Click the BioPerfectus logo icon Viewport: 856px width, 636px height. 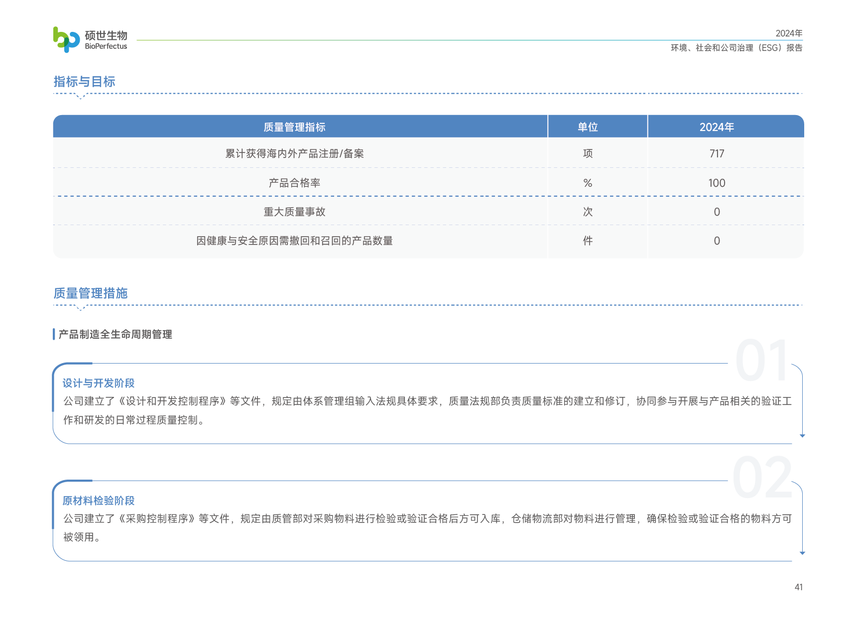tap(66, 39)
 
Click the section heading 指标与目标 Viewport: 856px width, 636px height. tap(84, 82)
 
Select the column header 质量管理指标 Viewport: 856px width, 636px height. tap(294, 127)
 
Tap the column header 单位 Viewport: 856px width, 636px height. tap(588, 127)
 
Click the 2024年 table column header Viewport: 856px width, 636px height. tap(717, 127)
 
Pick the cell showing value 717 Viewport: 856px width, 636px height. tap(717, 153)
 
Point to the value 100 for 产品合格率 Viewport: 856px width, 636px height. tap(717, 183)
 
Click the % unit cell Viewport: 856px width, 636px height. tap(588, 183)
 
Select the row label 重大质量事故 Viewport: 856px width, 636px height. tap(294, 212)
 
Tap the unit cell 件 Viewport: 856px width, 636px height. tap(588, 241)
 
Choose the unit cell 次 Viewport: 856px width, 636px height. tap(588, 212)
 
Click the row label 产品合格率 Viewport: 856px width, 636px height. tap(294, 183)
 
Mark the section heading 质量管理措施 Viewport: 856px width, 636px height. tap(91, 293)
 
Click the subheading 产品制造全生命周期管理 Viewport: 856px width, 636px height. tap(115, 334)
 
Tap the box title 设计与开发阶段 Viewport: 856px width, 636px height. tap(99, 383)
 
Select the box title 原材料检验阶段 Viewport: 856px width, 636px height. tap(99, 501)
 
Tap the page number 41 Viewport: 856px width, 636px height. tap(798, 587)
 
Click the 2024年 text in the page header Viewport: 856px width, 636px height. tap(789, 33)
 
